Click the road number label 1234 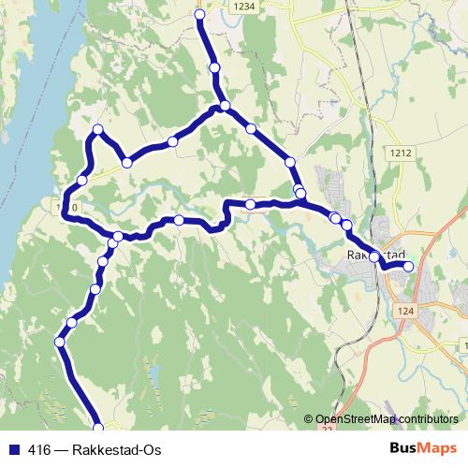click(x=245, y=6)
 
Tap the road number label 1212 click(x=402, y=151)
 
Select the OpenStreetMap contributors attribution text click(x=387, y=418)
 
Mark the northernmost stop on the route click(x=199, y=14)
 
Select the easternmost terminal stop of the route click(x=408, y=266)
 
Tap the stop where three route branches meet click(x=225, y=106)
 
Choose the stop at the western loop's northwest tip click(x=96, y=129)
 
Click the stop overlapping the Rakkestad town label click(x=374, y=256)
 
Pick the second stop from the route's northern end click(x=215, y=68)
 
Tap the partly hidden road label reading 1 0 click(x=63, y=205)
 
